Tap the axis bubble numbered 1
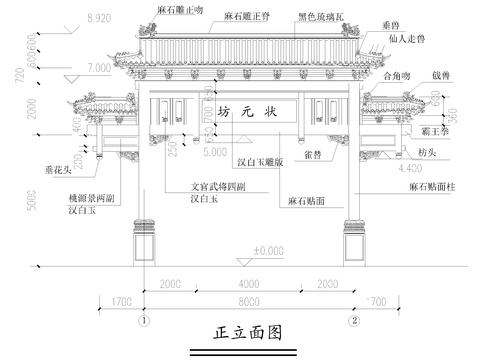click(145, 322)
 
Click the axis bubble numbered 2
click(354, 322)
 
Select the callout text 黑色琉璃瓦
click(321, 16)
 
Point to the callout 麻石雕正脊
click(246, 16)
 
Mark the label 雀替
click(311, 154)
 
